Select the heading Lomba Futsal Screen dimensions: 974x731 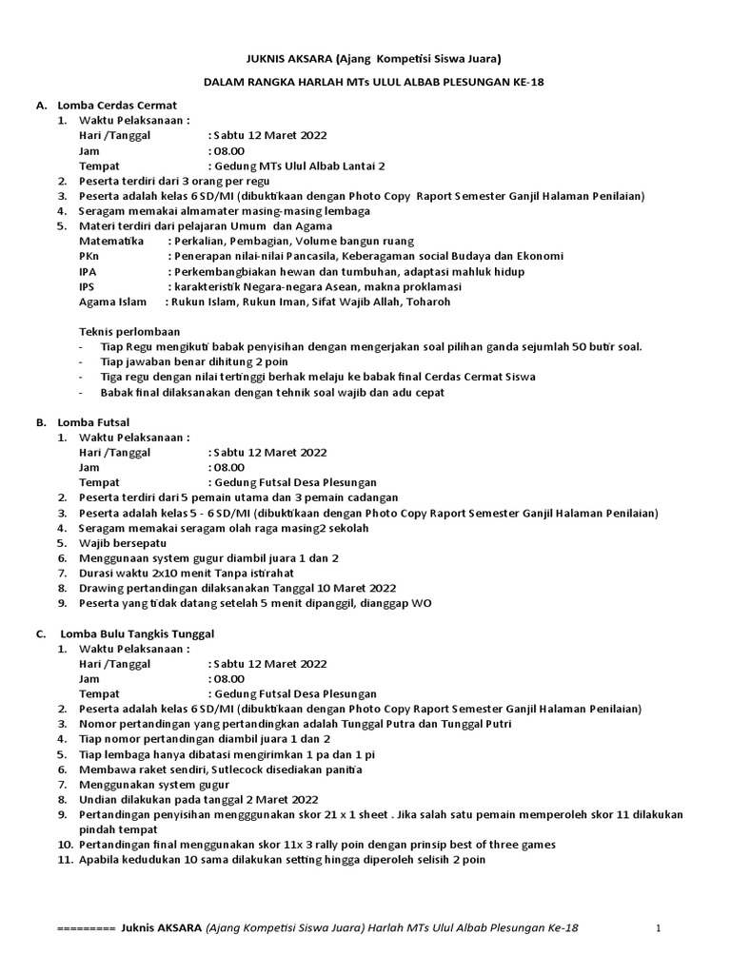(x=93, y=421)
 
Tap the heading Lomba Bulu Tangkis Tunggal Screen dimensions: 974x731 (x=138, y=633)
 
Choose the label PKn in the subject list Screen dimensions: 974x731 (x=88, y=257)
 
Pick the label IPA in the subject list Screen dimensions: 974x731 (x=88, y=272)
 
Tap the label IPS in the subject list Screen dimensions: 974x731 (x=87, y=287)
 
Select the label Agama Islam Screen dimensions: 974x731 (x=112, y=302)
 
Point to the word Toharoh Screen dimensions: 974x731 (x=426, y=302)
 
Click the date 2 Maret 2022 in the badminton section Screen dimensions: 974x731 (x=277, y=800)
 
